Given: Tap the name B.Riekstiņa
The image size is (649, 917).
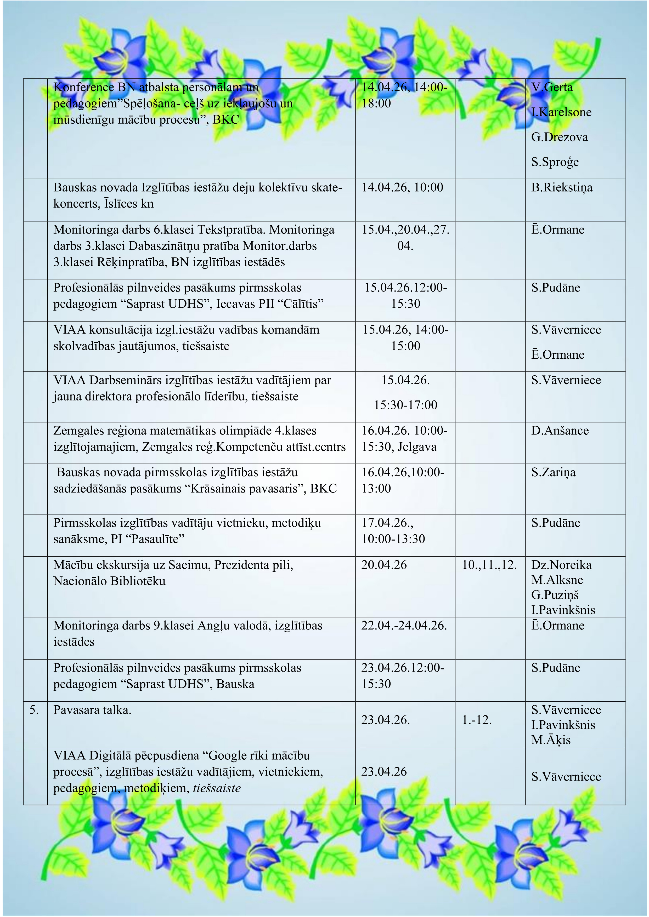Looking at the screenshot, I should tap(561, 188).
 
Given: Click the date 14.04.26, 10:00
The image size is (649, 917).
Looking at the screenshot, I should tap(402, 187).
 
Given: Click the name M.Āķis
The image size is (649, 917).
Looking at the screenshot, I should tap(551, 740).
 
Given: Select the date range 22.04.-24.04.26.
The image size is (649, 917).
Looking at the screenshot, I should tap(404, 626).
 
